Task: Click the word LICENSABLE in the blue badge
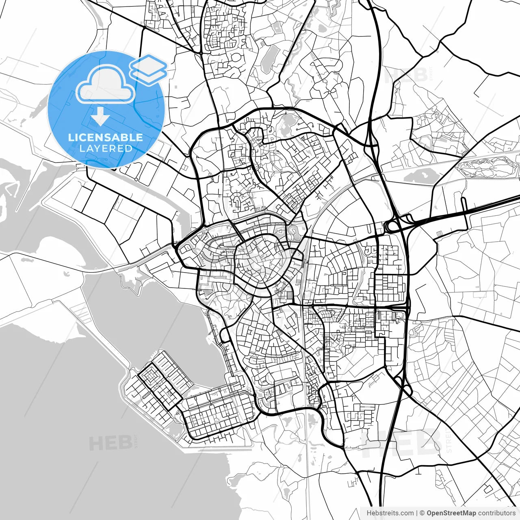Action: coord(106,137)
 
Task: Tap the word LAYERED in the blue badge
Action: coord(106,149)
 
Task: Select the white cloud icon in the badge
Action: coord(105,85)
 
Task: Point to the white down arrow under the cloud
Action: coord(100,117)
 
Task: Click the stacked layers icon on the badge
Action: coord(148,69)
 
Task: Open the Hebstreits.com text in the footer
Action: coord(390,513)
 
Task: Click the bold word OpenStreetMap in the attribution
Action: coord(451,513)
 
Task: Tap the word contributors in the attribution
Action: coord(496,513)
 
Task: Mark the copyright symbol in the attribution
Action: coord(422,513)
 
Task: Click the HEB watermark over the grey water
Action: coord(110,443)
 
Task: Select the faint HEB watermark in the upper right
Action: coord(406,75)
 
